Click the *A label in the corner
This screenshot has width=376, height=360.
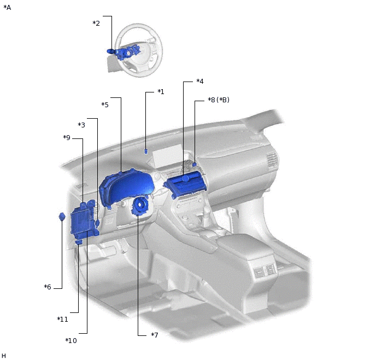click(x=7, y=8)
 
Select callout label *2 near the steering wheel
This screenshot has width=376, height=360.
click(x=96, y=24)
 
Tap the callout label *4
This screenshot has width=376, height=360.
click(x=200, y=82)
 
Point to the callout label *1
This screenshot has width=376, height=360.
click(x=161, y=92)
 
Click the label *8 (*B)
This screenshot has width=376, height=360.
click(x=219, y=100)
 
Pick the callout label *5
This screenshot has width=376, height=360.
click(x=105, y=104)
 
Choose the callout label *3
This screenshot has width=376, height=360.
click(x=81, y=125)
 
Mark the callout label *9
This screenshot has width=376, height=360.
click(x=67, y=137)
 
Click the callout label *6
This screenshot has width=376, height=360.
click(x=48, y=287)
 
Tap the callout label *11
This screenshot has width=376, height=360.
click(x=63, y=319)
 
